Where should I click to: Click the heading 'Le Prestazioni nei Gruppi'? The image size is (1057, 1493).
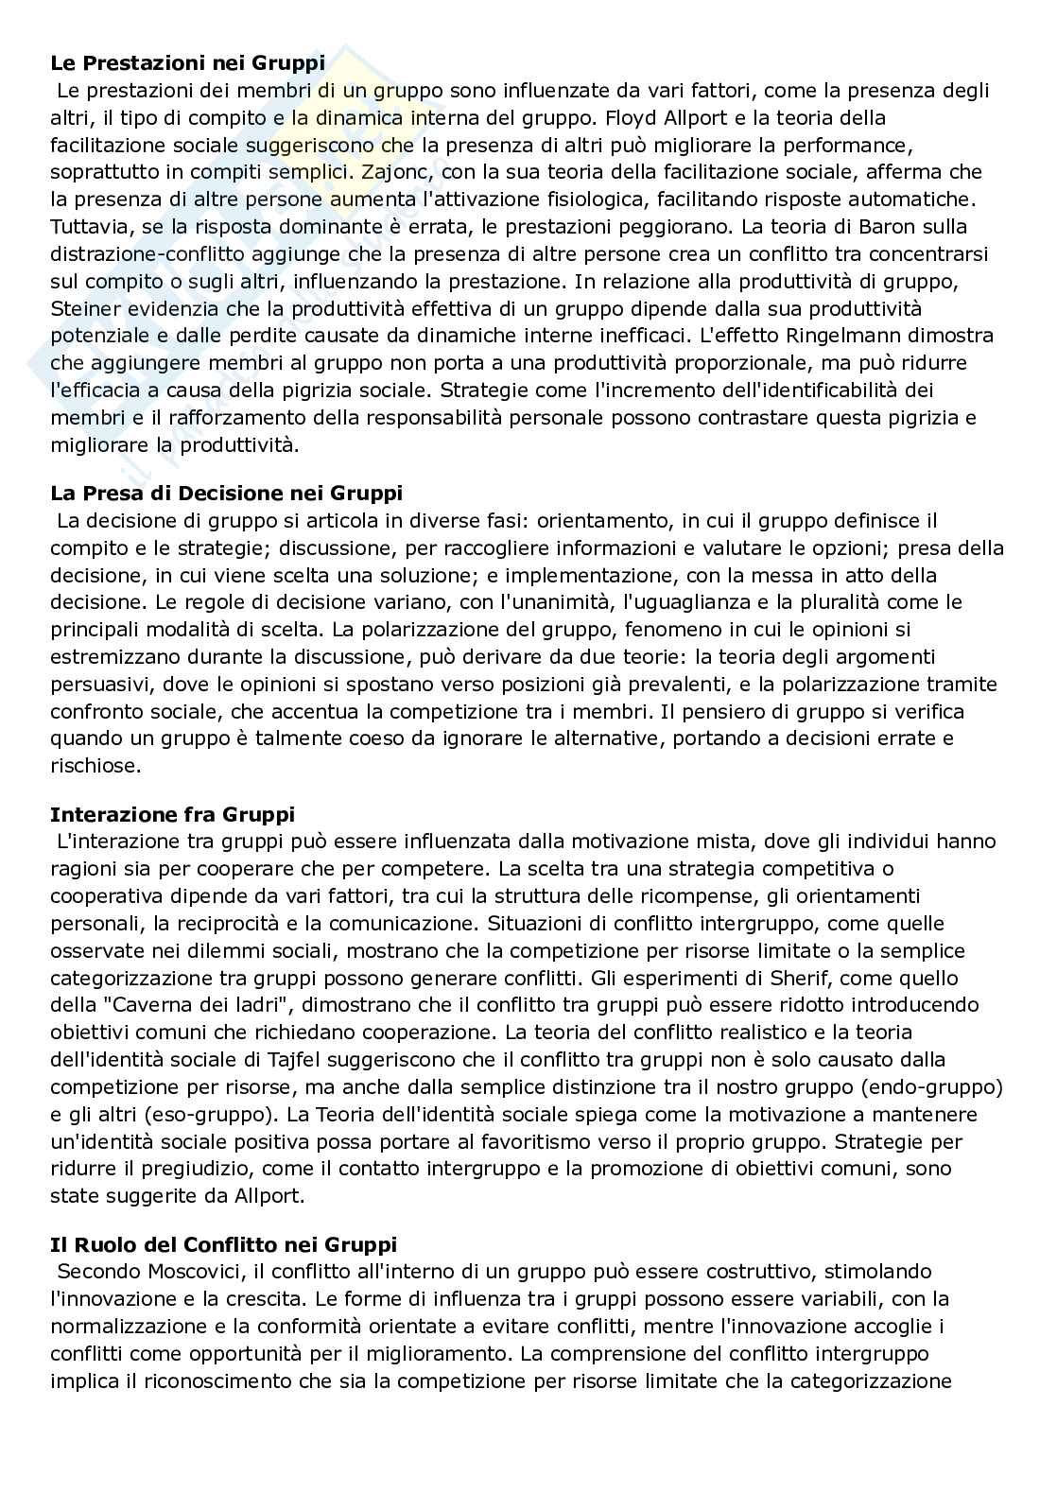coord(187,63)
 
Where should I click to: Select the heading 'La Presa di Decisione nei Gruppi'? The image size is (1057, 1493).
coord(226,493)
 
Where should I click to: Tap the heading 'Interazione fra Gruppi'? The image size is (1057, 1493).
coord(172,814)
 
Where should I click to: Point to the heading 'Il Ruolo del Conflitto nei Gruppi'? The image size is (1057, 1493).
coord(223,1244)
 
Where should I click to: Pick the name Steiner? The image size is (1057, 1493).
coord(83,309)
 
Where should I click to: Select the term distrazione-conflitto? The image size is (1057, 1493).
coord(151,254)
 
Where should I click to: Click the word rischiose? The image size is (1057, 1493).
coord(95,766)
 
